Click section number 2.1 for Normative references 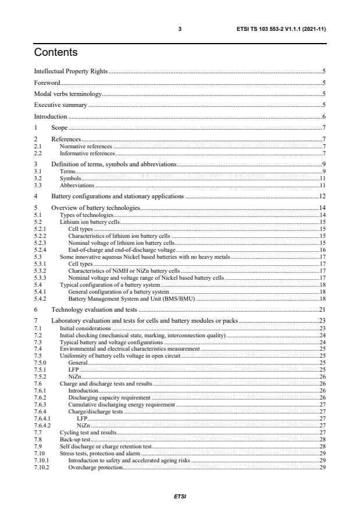38,147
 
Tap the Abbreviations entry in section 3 77,186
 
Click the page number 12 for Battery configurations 322,197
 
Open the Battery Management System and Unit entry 127,299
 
